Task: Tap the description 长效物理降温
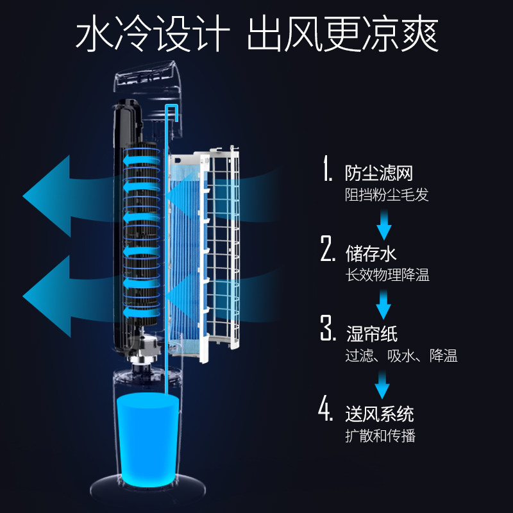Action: (387, 275)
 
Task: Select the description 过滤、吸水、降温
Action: (401, 355)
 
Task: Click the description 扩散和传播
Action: (380, 435)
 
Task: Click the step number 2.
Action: (328, 249)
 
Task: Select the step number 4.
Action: (328, 410)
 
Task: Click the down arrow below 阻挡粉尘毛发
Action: (384, 224)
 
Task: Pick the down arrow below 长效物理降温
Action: (384, 303)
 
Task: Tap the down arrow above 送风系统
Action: (383, 383)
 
